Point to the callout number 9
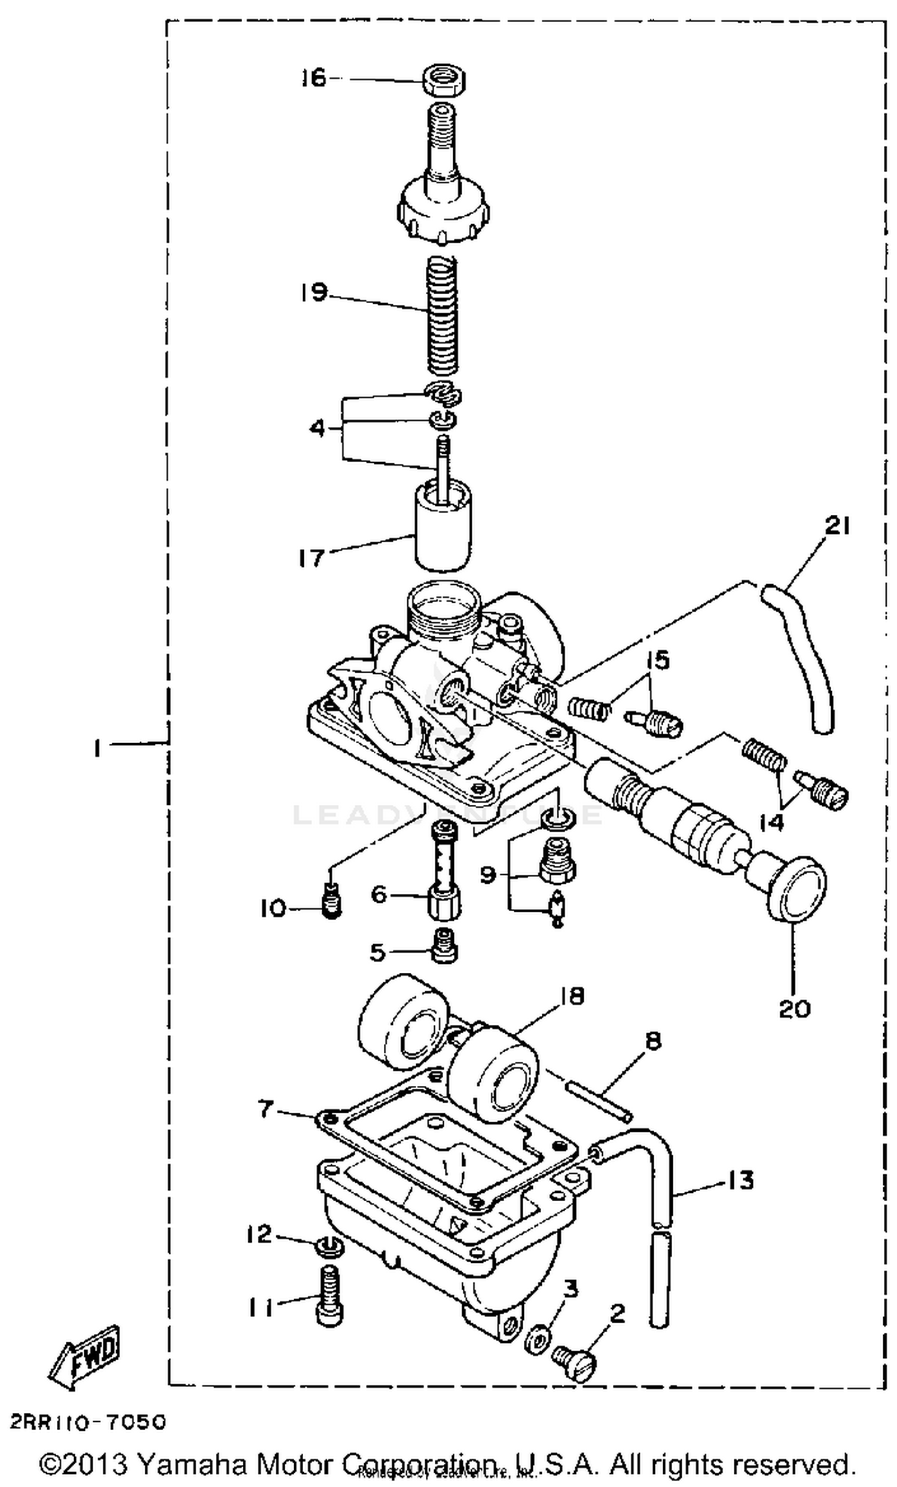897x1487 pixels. (488, 874)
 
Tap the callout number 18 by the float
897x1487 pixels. (572, 995)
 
